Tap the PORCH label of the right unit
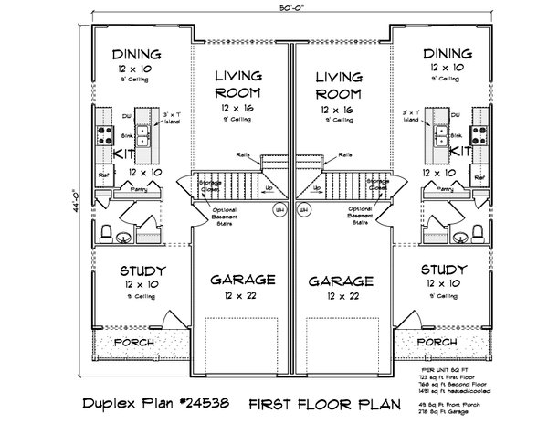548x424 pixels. tap(436, 342)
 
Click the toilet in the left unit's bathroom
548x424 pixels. tap(106, 232)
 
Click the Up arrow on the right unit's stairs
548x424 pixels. tap(317, 189)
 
